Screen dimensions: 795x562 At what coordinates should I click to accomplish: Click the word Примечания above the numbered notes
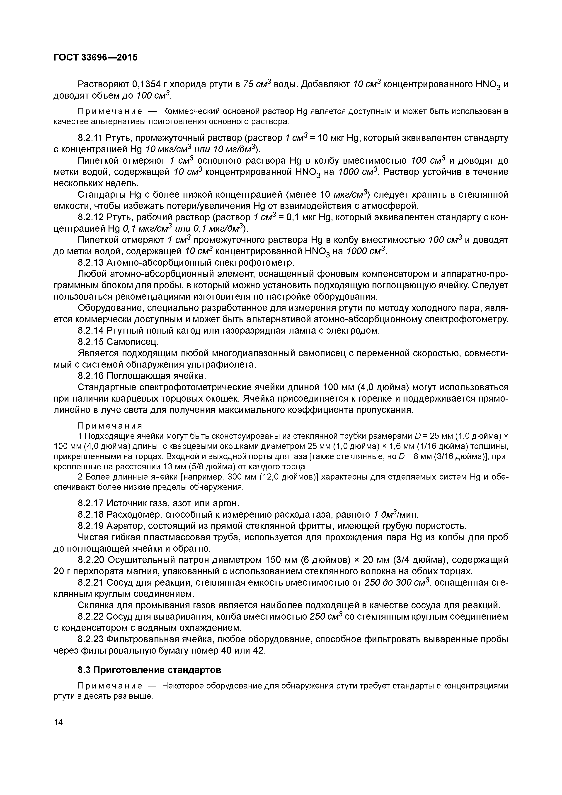(x=110, y=425)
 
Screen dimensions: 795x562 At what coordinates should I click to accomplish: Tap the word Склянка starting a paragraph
(x=94, y=605)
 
